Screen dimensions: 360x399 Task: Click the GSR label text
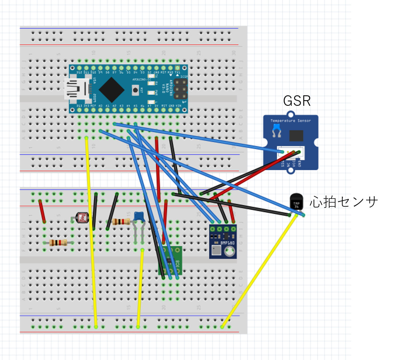click(297, 101)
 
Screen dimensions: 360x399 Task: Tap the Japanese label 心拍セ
click(329, 202)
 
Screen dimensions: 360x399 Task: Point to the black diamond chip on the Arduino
click(112, 89)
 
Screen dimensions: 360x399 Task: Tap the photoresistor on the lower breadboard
click(80, 217)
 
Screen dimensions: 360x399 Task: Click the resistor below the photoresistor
click(58, 243)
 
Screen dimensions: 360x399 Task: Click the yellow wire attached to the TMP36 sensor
click(262, 269)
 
